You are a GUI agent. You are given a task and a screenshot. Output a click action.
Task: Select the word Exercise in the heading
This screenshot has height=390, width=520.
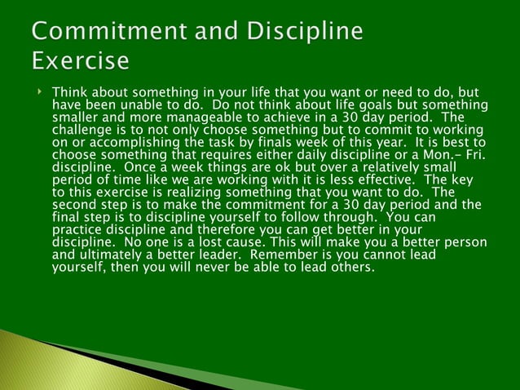coord(80,61)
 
